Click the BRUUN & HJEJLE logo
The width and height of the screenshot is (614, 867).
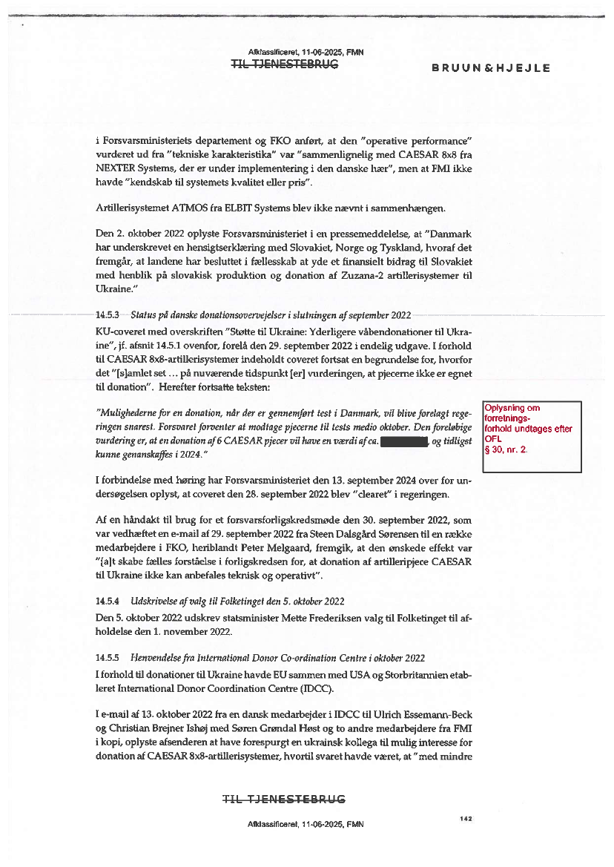(491, 68)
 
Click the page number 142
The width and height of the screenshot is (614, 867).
(466, 819)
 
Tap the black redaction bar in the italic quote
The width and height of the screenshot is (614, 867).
(405, 443)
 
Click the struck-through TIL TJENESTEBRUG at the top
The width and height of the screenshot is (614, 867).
(285, 65)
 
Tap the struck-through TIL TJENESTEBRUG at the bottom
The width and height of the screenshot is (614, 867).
(285, 799)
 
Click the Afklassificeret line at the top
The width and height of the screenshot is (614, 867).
(306, 52)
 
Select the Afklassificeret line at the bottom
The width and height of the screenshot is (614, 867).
(306, 824)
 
